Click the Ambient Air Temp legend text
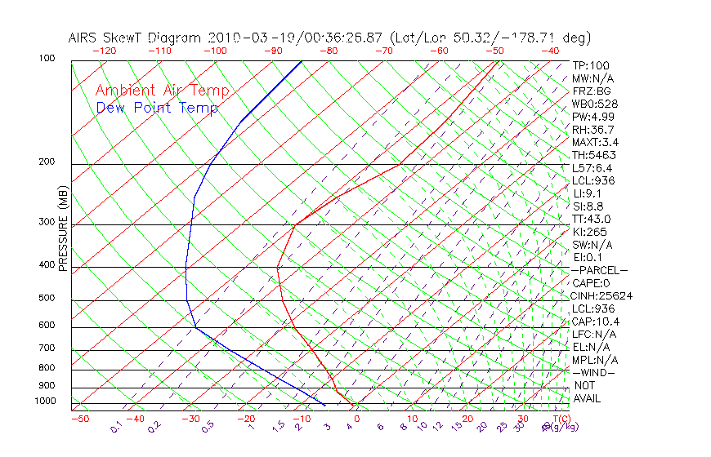point(162,91)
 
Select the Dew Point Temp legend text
point(157,108)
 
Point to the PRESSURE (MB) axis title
point(62,229)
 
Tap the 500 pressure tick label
point(47,299)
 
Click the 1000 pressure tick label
point(45,401)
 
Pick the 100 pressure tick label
point(47,59)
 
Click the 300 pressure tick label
point(47,222)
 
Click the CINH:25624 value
point(602,295)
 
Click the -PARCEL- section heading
point(600,270)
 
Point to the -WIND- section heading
point(594,372)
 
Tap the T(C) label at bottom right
point(560,419)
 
